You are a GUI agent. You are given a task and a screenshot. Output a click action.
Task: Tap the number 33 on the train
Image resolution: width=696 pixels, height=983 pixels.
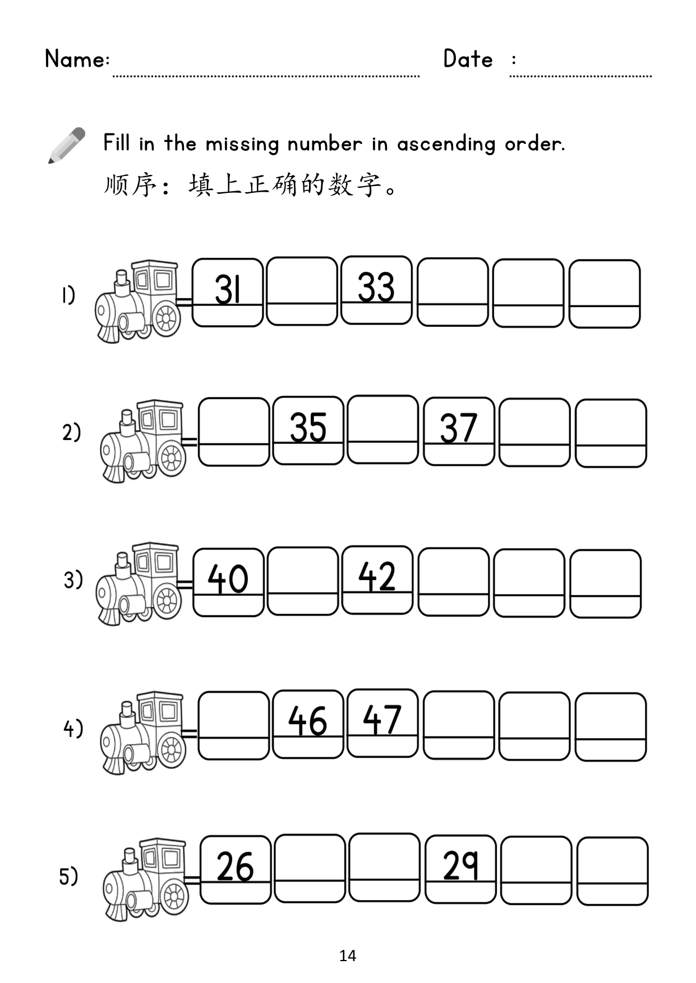[x=376, y=288]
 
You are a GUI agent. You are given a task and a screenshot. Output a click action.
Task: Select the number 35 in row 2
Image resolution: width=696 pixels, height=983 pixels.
[x=308, y=428]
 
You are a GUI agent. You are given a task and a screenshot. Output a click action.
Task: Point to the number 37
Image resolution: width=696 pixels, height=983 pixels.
[x=458, y=428]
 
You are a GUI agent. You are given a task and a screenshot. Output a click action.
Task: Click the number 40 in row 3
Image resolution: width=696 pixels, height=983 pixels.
[x=228, y=578]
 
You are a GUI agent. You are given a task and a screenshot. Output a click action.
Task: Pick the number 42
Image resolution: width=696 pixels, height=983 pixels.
[x=377, y=576]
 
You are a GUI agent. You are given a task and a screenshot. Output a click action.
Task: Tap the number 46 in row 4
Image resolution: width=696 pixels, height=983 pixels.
[x=307, y=721]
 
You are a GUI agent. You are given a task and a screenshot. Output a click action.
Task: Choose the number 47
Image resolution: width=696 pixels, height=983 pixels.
[x=382, y=720]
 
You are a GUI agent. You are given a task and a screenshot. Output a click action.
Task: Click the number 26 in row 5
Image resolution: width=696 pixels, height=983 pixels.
[x=235, y=866]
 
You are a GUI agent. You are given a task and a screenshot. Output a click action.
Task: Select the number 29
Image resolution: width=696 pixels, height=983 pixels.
[x=460, y=866]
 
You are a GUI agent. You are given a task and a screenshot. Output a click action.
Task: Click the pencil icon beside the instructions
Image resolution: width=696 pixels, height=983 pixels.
[x=66, y=145]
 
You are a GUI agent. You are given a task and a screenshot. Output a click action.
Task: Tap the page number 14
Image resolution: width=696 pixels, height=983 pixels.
[x=348, y=956]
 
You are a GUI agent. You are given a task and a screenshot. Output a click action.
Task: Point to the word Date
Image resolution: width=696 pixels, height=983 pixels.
[x=468, y=59]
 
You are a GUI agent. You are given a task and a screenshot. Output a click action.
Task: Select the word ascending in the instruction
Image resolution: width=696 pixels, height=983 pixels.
[x=446, y=144]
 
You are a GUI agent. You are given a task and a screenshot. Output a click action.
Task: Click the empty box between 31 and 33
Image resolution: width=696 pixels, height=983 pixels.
[x=302, y=291]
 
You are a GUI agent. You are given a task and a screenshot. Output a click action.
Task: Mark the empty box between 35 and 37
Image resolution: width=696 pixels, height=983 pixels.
[x=382, y=429]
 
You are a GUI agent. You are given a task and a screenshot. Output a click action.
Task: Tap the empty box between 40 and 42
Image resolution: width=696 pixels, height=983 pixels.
[x=303, y=581]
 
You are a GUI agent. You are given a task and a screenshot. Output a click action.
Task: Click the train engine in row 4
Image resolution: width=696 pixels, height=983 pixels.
[x=143, y=732]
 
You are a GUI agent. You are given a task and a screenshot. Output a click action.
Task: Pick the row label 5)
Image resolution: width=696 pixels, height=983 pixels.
[x=68, y=876]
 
